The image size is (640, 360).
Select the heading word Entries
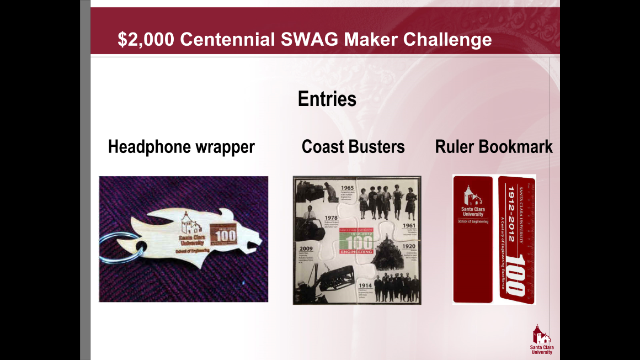pyautogui.click(x=327, y=99)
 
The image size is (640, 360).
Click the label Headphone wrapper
pyautogui.click(x=181, y=147)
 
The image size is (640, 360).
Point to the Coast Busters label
pyautogui.click(x=353, y=147)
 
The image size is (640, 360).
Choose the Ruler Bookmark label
pyautogui.click(x=493, y=147)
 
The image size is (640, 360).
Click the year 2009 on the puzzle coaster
pyautogui.click(x=306, y=248)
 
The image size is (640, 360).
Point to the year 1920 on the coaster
pyautogui.click(x=408, y=246)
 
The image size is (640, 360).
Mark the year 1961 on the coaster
pyautogui.click(x=409, y=225)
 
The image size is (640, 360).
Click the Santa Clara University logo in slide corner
pyautogui.click(x=540, y=338)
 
